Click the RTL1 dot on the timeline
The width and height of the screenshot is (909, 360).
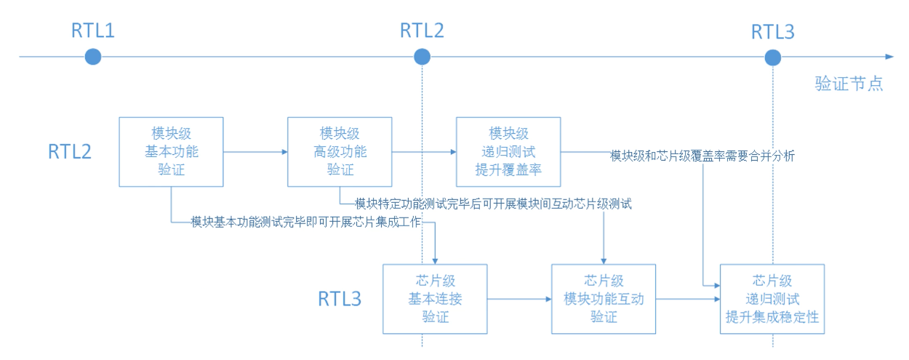point(92,56)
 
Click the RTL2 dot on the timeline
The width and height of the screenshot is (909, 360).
point(422,56)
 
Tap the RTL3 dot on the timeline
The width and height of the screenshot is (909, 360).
point(773,56)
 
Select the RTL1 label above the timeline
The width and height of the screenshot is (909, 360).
point(92,31)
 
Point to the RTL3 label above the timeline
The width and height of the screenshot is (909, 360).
point(772,31)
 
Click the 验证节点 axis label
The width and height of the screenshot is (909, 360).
point(849,84)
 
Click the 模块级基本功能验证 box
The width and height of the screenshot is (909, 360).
point(171,152)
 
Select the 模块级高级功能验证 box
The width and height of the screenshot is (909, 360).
point(340,152)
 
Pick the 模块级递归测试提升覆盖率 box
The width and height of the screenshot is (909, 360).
point(508,152)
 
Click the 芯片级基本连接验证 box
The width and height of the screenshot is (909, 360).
point(435,299)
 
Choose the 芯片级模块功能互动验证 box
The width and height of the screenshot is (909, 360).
point(604,299)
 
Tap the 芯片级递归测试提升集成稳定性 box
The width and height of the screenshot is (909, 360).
point(772,299)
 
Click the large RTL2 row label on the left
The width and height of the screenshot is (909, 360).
point(70,152)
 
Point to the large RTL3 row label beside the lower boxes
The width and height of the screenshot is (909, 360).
point(340,299)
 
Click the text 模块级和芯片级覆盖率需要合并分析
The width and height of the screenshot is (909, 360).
point(702,156)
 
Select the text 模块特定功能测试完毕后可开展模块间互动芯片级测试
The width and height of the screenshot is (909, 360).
point(492,204)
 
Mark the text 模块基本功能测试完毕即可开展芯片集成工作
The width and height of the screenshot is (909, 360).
point(305,222)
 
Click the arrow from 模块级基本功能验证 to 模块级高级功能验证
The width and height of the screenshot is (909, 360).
point(255,152)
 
